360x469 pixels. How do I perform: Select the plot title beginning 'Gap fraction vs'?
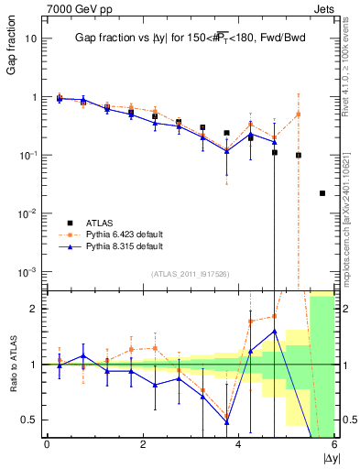pyautogui.click(x=190, y=38)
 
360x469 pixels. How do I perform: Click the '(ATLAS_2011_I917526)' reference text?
pyautogui.click(x=190, y=274)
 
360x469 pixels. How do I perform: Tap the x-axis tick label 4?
pyautogui.click(x=239, y=444)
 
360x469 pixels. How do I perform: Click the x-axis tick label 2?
pyautogui.click(x=143, y=444)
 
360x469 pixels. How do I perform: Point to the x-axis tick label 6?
pyautogui.click(x=334, y=444)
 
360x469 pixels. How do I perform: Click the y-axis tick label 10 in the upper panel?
pyautogui.click(x=32, y=38)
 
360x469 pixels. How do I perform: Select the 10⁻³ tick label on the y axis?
pyautogui.click(x=29, y=272)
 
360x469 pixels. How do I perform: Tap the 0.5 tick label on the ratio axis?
pyautogui.click(x=29, y=420)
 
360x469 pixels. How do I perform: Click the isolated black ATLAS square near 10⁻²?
pyautogui.click(x=322, y=193)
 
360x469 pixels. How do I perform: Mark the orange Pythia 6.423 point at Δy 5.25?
pyautogui.click(x=299, y=115)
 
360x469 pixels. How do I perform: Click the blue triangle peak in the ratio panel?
pyautogui.click(x=275, y=331)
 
